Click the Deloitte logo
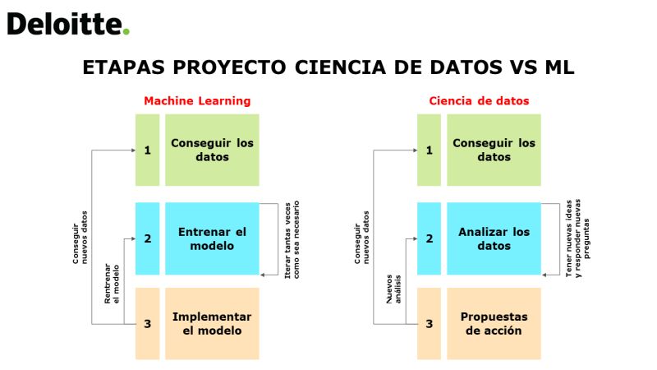coord(68,24)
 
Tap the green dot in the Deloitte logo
coord(126,31)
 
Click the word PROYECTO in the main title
coord(229,67)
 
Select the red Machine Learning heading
coord(197,100)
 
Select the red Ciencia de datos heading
coord(479,100)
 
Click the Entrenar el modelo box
coord(212,238)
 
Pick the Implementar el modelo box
coord(212,323)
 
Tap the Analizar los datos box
coord(494,238)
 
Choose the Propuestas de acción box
coord(494,323)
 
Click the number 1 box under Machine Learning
coord(148,150)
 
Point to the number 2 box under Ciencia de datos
coord(429,238)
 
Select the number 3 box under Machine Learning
coord(148,323)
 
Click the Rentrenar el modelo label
coord(112,284)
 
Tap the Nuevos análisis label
coord(393,289)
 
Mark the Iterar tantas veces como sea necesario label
coord(292,239)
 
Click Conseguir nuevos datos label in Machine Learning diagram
coord(80,238)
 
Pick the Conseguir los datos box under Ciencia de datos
coord(494,150)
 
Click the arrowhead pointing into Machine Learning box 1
coord(133,150)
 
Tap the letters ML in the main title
coord(559,67)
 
